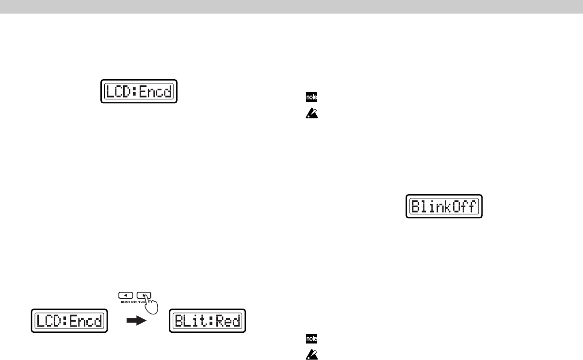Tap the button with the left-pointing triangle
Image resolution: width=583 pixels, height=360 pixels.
click(x=125, y=294)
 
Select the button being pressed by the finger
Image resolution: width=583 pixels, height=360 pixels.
click(x=144, y=294)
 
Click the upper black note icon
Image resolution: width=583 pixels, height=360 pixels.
click(x=309, y=98)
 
